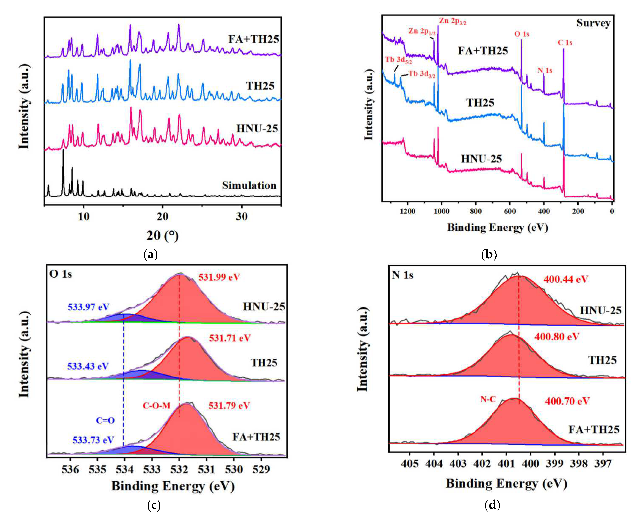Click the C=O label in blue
coord(105,420)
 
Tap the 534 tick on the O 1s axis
coord(125,469)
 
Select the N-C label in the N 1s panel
coord(488,399)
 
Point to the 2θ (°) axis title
coord(162,236)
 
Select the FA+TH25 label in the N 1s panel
coord(594,430)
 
